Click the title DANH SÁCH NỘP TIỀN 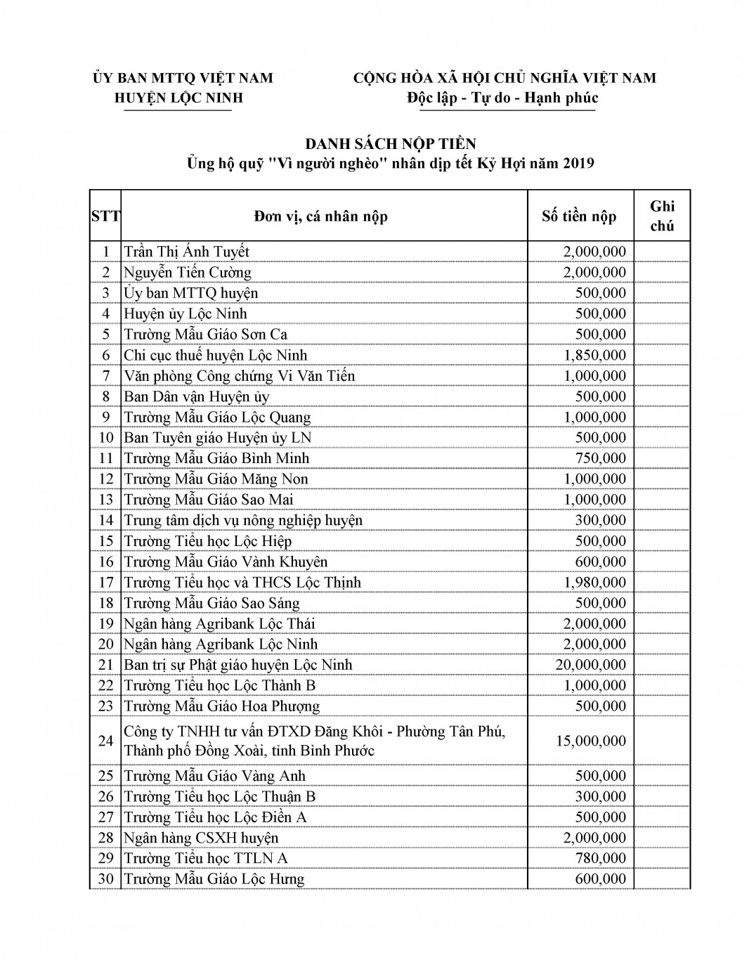[x=390, y=143]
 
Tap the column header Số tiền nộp [x=579, y=216]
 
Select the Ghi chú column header [x=662, y=216]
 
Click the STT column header [x=105, y=216]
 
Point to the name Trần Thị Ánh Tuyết [x=186, y=252]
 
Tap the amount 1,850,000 [x=594, y=355]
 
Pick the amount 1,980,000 [x=594, y=582]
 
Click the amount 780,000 [x=600, y=858]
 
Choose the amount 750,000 [x=600, y=458]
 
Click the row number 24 [x=105, y=741]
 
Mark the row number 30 [x=105, y=879]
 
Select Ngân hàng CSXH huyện [x=201, y=838]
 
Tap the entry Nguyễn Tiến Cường [x=188, y=273]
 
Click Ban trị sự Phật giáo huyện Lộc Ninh [x=238, y=665]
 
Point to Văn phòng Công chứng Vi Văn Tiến [x=239, y=376]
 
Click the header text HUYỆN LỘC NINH [x=178, y=98]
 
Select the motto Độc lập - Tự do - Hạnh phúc [x=502, y=98]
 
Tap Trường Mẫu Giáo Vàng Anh [x=214, y=776]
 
